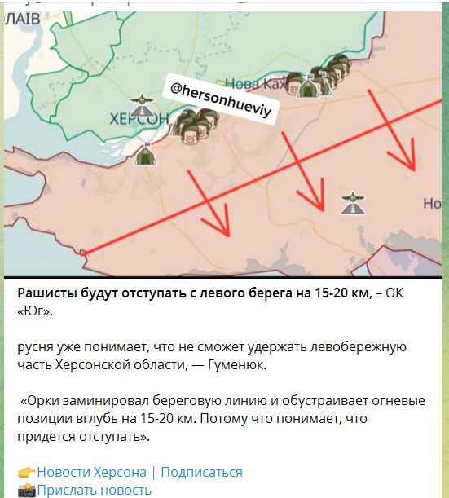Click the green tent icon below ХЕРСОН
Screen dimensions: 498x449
(145, 154)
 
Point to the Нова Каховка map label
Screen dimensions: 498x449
(258, 82)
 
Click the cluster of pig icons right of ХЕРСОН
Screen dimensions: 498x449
(196, 126)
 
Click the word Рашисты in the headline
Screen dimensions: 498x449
(50, 293)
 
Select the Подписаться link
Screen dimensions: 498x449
(204, 472)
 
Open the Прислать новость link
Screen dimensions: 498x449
(95, 489)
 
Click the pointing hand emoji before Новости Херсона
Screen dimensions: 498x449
(25, 472)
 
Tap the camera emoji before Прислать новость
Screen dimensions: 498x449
(25, 489)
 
